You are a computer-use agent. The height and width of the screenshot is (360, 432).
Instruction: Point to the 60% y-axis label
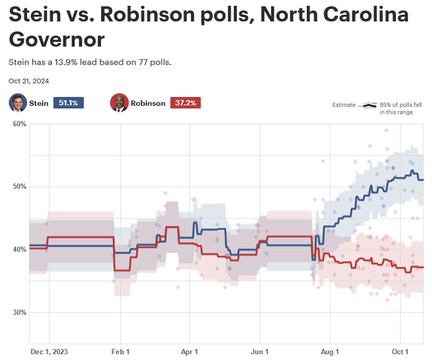coord(19,123)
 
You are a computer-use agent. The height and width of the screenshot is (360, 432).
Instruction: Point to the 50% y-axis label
coord(19,187)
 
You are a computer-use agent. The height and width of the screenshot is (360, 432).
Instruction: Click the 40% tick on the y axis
coord(19,249)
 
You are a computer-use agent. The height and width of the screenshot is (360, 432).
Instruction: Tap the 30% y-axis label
coord(19,312)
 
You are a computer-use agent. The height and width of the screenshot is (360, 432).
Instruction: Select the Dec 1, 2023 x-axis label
coord(49,350)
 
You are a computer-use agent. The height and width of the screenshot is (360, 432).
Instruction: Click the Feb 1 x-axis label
coord(120,350)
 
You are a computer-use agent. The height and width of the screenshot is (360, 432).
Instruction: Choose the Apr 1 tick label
coord(190,350)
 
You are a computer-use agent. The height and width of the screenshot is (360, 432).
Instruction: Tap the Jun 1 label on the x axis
coord(260,350)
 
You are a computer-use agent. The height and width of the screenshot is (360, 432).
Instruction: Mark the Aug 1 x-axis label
coord(330,350)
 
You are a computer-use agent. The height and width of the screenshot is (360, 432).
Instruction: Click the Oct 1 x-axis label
coord(400,350)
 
